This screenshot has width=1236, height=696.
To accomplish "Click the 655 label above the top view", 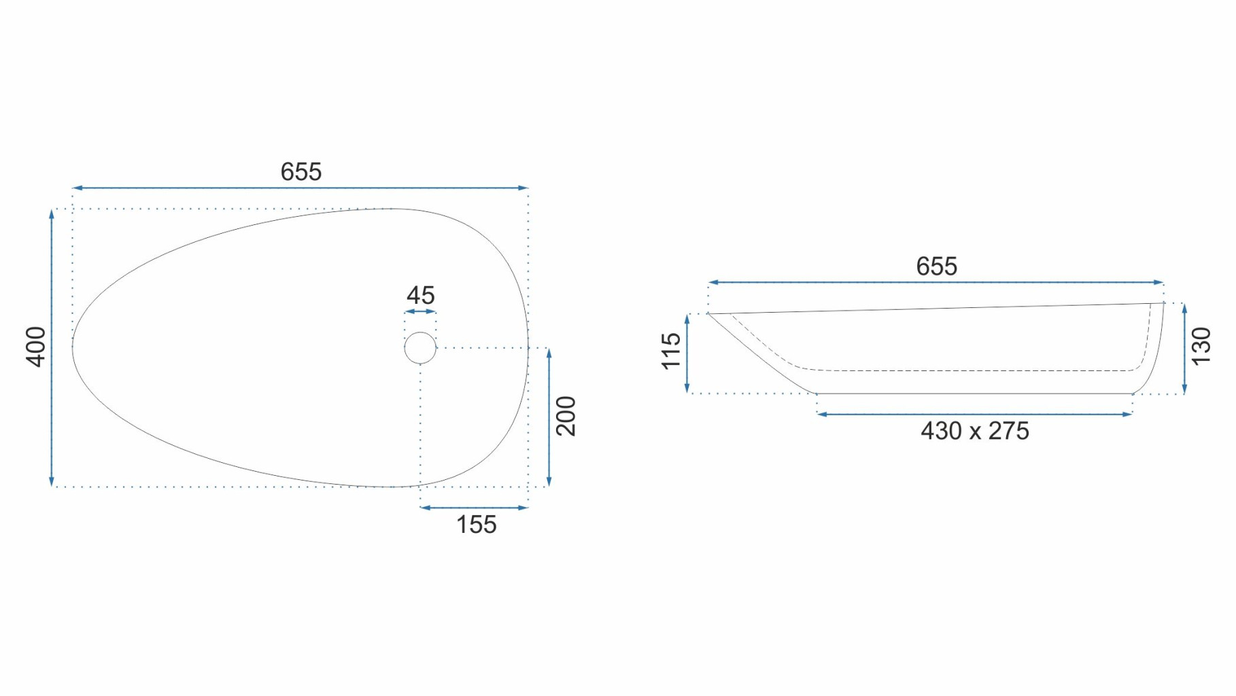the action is (x=301, y=172).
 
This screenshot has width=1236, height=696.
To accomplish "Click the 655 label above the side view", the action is (x=936, y=266).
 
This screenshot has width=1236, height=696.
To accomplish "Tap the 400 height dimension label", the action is (x=36, y=347).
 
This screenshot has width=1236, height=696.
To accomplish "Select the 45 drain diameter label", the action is (x=420, y=296).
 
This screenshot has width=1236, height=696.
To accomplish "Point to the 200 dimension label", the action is (x=566, y=416).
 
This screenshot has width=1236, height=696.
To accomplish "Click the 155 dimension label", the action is (x=476, y=525).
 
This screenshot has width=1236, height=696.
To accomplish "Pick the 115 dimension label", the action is (x=671, y=351).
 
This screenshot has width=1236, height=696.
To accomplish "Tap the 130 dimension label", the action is (x=1201, y=346).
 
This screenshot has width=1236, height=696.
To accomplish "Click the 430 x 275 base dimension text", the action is (x=974, y=431).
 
